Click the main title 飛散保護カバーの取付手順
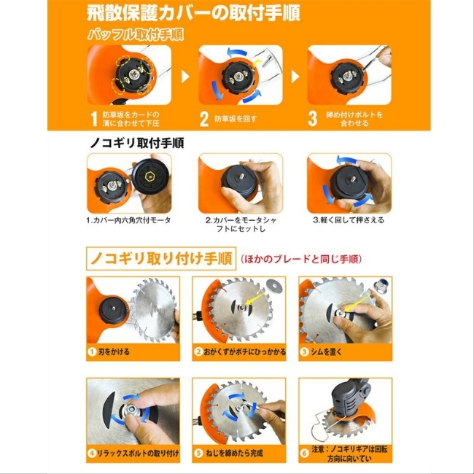click(193, 13)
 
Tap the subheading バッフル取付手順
click(136, 35)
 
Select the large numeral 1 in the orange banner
click(94, 119)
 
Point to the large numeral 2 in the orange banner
click(204, 119)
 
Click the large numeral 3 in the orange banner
click(313, 119)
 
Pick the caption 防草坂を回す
click(236, 119)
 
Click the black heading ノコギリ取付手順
click(137, 143)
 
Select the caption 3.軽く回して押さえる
click(349, 219)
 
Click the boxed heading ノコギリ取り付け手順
click(161, 259)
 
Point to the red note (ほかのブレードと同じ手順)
click(301, 259)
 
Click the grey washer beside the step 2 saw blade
click(274, 287)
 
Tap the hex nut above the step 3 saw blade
click(381, 285)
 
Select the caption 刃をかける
click(114, 352)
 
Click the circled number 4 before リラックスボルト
click(92, 453)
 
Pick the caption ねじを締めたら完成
click(234, 453)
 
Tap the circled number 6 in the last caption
click(304, 453)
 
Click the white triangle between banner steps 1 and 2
click(185, 77)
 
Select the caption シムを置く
click(326, 352)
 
